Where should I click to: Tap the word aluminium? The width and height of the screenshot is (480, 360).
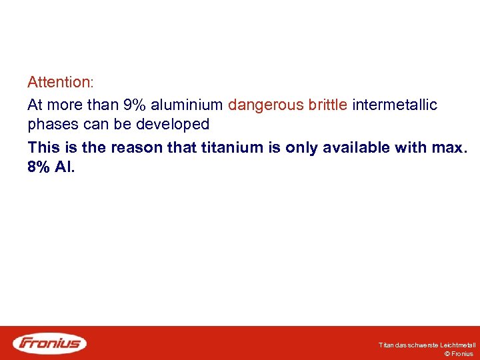point(187,105)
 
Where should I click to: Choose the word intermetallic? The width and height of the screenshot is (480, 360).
point(395,105)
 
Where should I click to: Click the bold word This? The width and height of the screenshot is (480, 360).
point(43,147)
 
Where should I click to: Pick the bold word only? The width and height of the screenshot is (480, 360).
point(301,147)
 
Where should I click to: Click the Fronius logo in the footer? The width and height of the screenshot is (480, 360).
point(50,343)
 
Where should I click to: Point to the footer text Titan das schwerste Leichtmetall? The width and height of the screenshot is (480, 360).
point(427,345)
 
